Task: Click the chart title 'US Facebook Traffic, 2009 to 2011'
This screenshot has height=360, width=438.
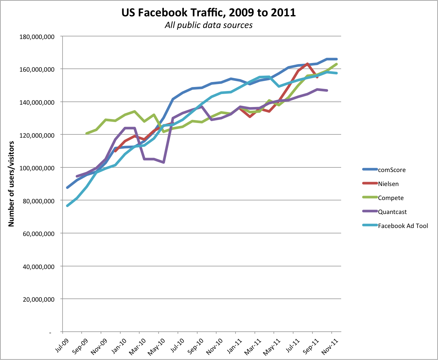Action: click(209, 13)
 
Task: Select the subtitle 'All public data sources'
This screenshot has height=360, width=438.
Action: click(209, 25)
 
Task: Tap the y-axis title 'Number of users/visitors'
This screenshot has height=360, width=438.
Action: click(12, 184)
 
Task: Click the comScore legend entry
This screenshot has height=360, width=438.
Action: click(391, 170)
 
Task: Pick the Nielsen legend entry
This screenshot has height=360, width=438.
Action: click(388, 184)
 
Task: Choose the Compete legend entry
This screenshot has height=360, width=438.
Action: click(390, 198)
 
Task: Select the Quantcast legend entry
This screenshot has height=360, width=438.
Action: click(392, 212)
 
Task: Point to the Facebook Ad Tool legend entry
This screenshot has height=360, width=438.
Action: click(403, 226)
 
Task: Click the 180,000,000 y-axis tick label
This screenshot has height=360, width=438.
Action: click(37, 37)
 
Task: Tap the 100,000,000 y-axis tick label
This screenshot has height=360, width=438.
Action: click(37, 168)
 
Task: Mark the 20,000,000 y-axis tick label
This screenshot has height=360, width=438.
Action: click(38, 299)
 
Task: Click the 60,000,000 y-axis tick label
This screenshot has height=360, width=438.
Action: click(38, 234)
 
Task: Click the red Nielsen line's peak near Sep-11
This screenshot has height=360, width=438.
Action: click(307, 64)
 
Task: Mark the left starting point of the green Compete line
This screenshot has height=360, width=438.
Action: click(87, 133)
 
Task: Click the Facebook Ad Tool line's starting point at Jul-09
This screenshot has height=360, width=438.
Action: click(67, 206)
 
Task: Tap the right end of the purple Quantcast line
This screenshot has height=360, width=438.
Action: click(327, 90)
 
